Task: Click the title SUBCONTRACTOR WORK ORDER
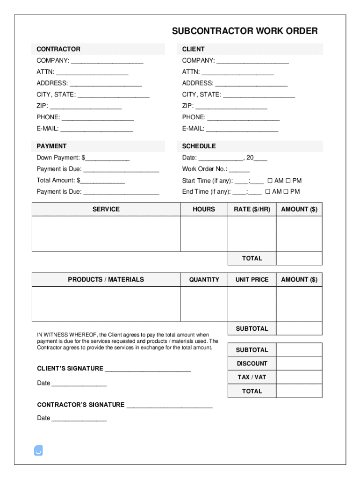point(245,31)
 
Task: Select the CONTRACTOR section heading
point(58,49)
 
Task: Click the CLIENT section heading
point(193,49)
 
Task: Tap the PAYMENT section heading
point(51,146)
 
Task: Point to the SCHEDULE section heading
point(199,146)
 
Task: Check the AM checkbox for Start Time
point(270,181)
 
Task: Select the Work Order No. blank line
point(239,170)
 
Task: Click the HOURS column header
point(204,209)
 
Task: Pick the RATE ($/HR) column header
point(252,209)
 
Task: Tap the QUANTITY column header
point(204,279)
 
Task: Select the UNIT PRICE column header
point(252,279)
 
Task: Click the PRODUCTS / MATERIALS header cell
point(106,279)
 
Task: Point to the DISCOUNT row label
point(252,363)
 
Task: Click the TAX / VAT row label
point(252,377)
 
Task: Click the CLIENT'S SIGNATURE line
point(148,370)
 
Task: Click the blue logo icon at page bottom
point(39,450)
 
